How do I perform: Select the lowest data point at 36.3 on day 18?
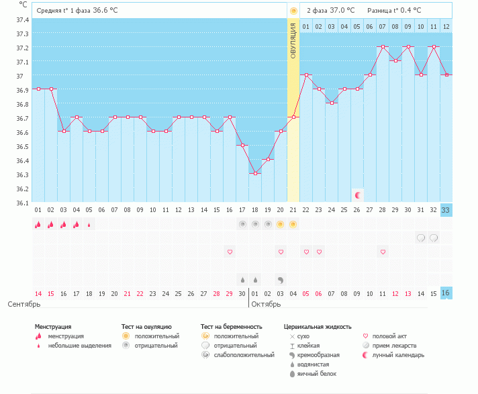255,174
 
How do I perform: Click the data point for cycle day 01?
38,89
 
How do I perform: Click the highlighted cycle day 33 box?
446,210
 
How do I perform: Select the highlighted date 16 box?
446,293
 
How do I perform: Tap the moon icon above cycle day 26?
358,195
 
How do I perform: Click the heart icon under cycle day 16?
230,252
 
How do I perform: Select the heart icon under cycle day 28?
383,252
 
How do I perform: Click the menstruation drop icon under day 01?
38,224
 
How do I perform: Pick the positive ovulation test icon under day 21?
293,224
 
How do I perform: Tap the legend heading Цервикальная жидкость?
318,327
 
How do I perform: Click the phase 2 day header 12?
446,26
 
